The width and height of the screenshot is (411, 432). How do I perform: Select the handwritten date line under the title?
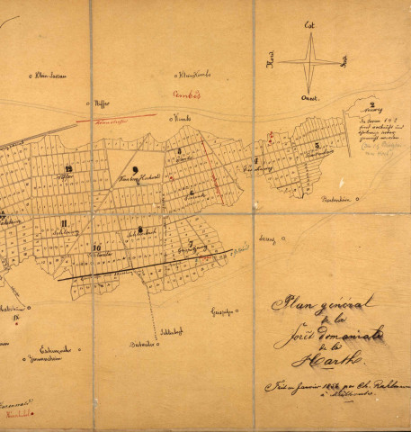(x=333, y=391)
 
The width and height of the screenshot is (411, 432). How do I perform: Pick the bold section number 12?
(x=70, y=170)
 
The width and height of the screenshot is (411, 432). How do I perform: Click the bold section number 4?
(x=254, y=159)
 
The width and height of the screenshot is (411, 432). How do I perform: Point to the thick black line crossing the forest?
(x=144, y=265)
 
